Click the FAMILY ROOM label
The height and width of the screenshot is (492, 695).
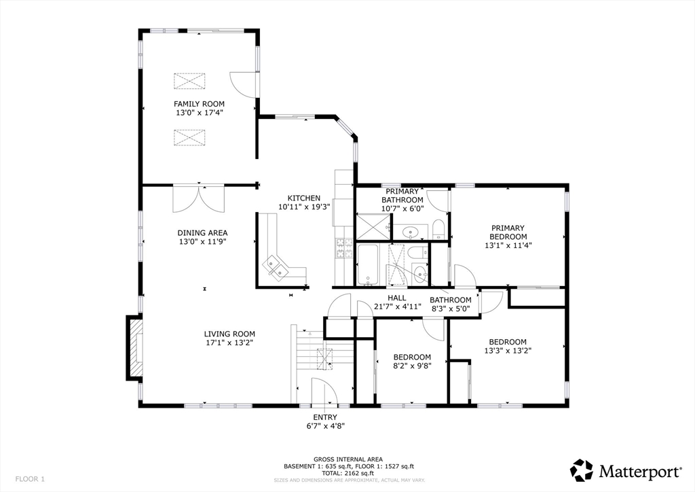point(199,104)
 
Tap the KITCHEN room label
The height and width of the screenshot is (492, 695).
point(303,198)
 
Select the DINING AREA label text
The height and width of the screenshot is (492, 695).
point(202,233)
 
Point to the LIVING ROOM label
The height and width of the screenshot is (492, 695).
point(229,334)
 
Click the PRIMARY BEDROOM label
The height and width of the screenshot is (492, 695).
point(508,232)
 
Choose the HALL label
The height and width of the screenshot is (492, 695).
point(396,298)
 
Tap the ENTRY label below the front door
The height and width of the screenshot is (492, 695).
point(325,417)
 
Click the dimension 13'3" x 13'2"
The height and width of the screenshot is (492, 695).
point(508,351)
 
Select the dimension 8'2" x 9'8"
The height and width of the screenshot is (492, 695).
point(412,366)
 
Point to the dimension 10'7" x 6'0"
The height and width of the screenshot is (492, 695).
point(402,208)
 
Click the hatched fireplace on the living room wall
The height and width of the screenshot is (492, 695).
point(134,348)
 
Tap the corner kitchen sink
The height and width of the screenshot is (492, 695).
point(276,268)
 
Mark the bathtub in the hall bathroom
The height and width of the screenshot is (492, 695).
point(368,264)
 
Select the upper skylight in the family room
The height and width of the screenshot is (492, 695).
point(189,81)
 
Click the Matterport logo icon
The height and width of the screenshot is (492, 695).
point(581,470)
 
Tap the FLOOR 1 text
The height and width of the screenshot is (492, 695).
point(30,479)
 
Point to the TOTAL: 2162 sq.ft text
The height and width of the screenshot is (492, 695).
point(348,473)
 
